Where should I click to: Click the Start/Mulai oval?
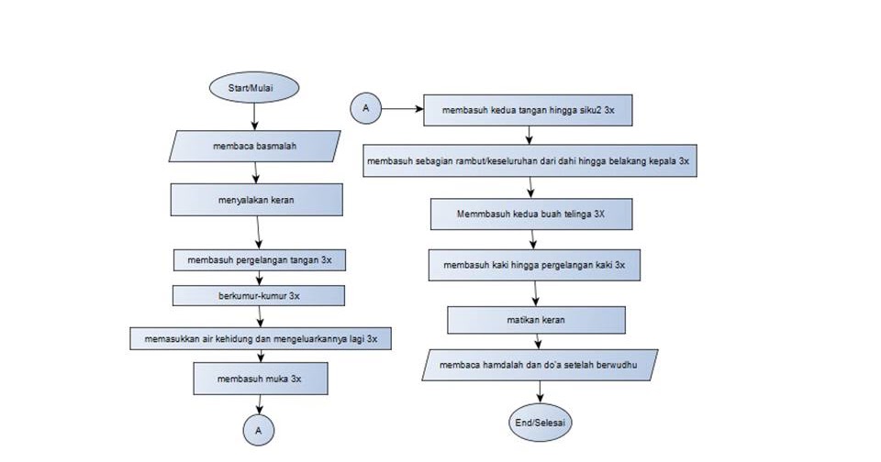pyautogui.click(x=254, y=87)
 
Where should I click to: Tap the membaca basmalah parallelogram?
pyautogui.click(x=255, y=146)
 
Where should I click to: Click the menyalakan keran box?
pyautogui.click(x=256, y=200)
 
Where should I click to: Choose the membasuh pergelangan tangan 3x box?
pyautogui.click(x=260, y=259)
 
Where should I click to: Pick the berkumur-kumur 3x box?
pyautogui.click(x=260, y=296)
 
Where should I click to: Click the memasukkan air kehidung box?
pyautogui.click(x=261, y=338)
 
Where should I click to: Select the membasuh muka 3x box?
pyautogui.click(x=260, y=379)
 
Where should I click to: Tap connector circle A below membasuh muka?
pyautogui.click(x=259, y=429)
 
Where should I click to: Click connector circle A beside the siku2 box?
pyautogui.click(x=365, y=108)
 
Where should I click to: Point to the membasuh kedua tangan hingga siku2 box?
pyautogui.click(x=527, y=109)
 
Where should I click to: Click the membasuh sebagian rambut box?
pyautogui.click(x=529, y=160)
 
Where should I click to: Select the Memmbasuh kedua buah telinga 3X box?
pyautogui.click(x=531, y=214)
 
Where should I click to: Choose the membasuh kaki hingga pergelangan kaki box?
pyautogui.click(x=534, y=265)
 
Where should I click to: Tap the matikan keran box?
pyautogui.click(x=536, y=320)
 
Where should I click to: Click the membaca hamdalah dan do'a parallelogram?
pyautogui.click(x=540, y=364)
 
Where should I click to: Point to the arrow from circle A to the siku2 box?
pyautogui.click(x=401, y=108)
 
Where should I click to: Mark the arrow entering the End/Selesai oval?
pyautogui.click(x=541, y=392)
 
